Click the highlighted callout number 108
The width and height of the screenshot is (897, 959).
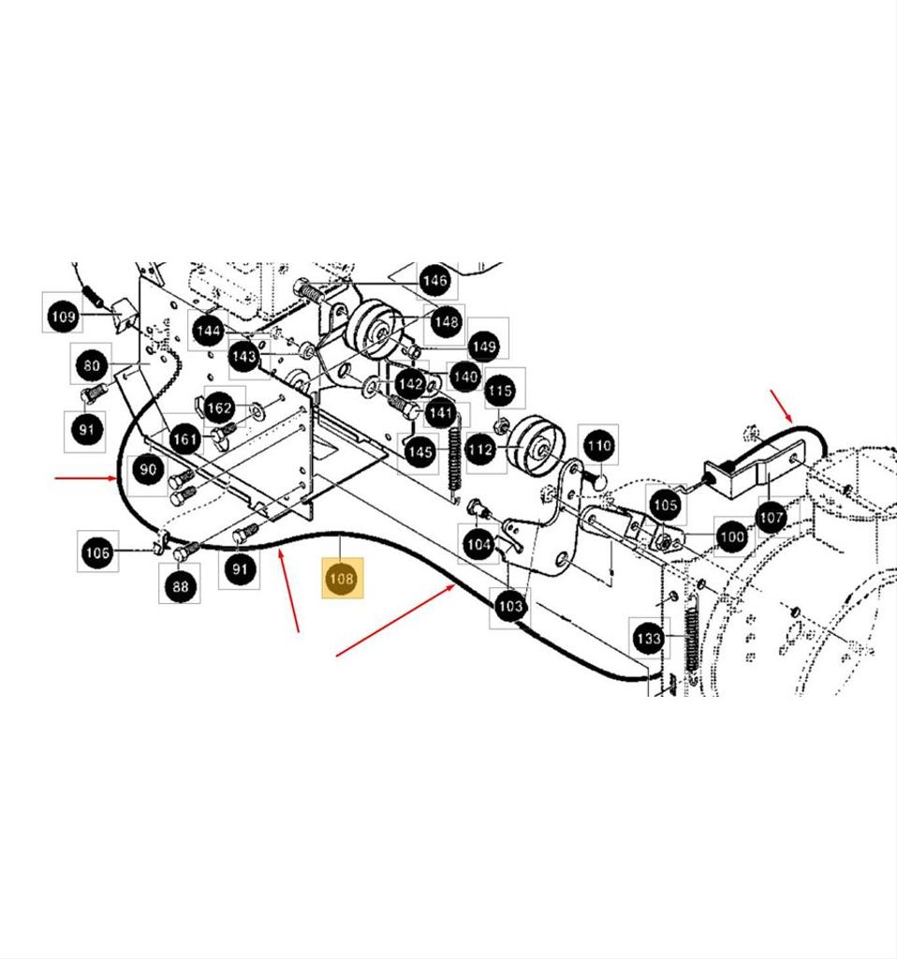[x=341, y=579]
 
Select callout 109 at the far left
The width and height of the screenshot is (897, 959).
[x=63, y=317]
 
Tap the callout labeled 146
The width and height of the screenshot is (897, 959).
[x=434, y=280]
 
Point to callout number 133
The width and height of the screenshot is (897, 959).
[x=649, y=639]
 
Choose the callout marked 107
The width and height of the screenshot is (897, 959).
[x=771, y=516]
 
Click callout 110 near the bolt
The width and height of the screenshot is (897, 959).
[x=598, y=447]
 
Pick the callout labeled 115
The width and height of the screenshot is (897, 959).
[x=500, y=391]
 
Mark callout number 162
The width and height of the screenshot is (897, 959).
[x=218, y=408]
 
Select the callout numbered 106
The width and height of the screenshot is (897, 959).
[x=97, y=553]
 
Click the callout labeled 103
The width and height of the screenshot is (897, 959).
[x=509, y=606]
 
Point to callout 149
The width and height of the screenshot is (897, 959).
[x=483, y=347]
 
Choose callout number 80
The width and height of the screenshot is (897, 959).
[x=91, y=366]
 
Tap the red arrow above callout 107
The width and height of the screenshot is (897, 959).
[x=781, y=404]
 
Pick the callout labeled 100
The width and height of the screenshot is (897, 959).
[x=730, y=537]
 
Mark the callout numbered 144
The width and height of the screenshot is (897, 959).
[x=208, y=331]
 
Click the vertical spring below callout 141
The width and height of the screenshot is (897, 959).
[x=456, y=459]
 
